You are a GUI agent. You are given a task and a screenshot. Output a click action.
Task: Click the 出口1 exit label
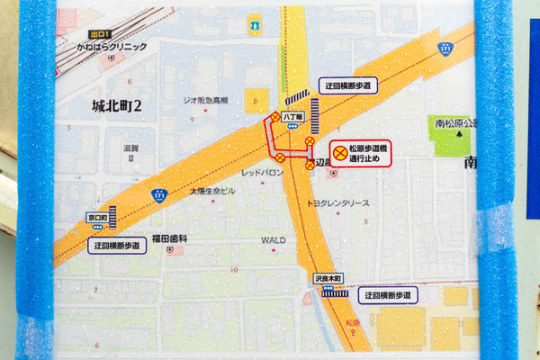tap(86, 32)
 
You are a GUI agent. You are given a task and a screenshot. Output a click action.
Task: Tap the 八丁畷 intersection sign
tap(291, 117)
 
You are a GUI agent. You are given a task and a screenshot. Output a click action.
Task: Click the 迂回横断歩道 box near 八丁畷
tap(346, 85)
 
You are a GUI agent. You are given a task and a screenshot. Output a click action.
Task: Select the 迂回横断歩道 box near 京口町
tap(117, 244)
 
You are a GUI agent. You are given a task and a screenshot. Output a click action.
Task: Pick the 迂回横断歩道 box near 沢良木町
tap(388, 295)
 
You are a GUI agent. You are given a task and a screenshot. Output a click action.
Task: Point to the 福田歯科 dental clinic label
tap(169, 238)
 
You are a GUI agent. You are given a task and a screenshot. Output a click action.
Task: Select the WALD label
tap(272, 240)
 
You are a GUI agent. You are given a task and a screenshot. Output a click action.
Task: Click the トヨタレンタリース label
tap(338, 204)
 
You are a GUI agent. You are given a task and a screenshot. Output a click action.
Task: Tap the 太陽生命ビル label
tap(211, 192)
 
